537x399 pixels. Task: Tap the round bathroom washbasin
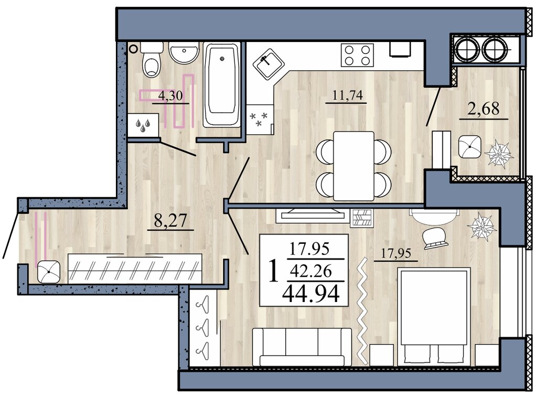tap(184, 52)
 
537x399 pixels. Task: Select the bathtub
tap(222, 84)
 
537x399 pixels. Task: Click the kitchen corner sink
tap(269, 64)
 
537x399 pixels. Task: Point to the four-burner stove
tap(357, 55)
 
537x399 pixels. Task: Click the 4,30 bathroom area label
tap(170, 95)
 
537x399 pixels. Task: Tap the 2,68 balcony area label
tap(483, 109)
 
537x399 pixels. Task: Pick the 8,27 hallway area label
tap(170, 221)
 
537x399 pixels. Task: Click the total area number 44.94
tap(310, 294)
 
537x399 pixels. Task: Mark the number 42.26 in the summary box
tap(310, 271)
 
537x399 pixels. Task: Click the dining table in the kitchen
tap(353, 166)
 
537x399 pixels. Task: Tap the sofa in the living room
tap(302, 347)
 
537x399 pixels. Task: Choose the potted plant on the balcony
tap(499, 155)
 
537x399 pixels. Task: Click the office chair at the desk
tap(434, 238)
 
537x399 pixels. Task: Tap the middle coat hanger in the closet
tap(203, 327)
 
